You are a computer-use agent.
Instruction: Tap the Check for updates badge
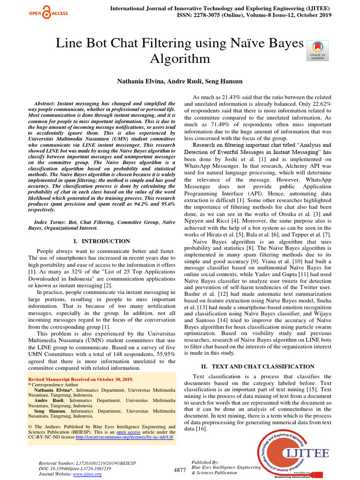317,50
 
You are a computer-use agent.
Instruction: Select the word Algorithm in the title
180,59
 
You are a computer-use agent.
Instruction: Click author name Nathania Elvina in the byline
138,82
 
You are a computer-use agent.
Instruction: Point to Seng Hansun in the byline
225,82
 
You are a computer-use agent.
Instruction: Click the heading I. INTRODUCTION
102,241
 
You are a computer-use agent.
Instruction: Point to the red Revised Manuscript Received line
81,379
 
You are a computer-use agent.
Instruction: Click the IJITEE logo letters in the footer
307,453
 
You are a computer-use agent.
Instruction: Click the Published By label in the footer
206,462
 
